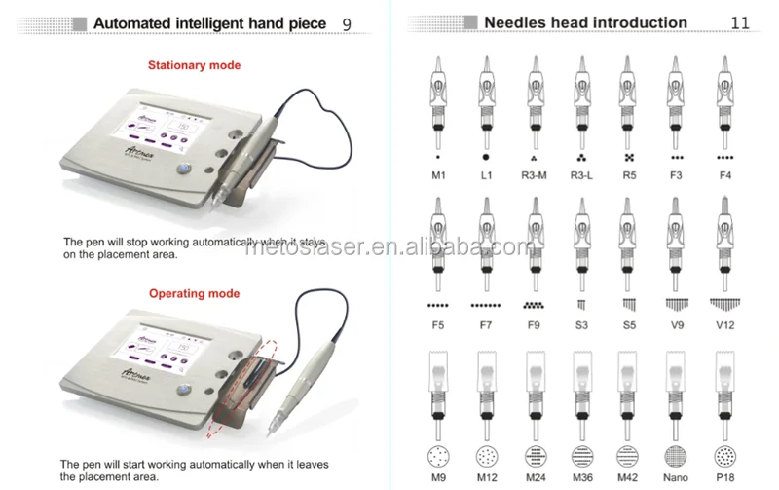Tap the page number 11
tap(741, 22)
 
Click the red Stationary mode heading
tap(194, 65)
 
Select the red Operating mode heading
tap(194, 292)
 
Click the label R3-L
tap(581, 175)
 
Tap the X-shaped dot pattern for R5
tap(629, 156)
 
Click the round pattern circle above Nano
tap(677, 455)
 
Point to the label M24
tap(534, 478)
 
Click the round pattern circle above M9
tap(438, 455)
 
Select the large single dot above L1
tap(486, 156)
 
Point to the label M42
tap(629, 478)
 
